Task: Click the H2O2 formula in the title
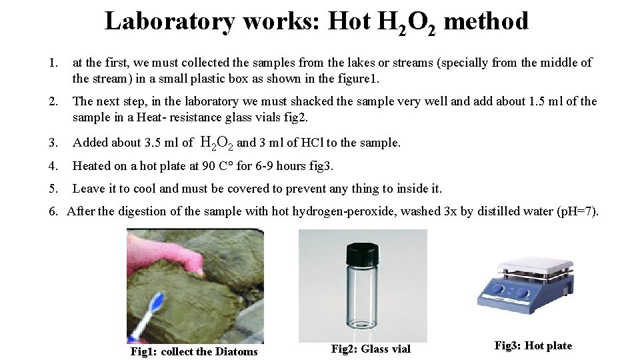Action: [x=401, y=23]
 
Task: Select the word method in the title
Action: [x=486, y=21]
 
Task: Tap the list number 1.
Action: [x=53, y=63]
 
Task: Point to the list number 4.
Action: [x=53, y=165]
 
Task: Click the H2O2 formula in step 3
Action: [x=217, y=143]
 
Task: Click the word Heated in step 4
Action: [x=91, y=165]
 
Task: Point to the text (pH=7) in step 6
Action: [x=577, y=211]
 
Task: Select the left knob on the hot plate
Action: [x=497, y=291]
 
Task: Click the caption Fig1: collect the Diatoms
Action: [x=193, y=351]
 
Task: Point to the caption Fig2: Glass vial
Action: [x=371, y=349]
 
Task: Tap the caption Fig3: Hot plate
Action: [x=533, y=345]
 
